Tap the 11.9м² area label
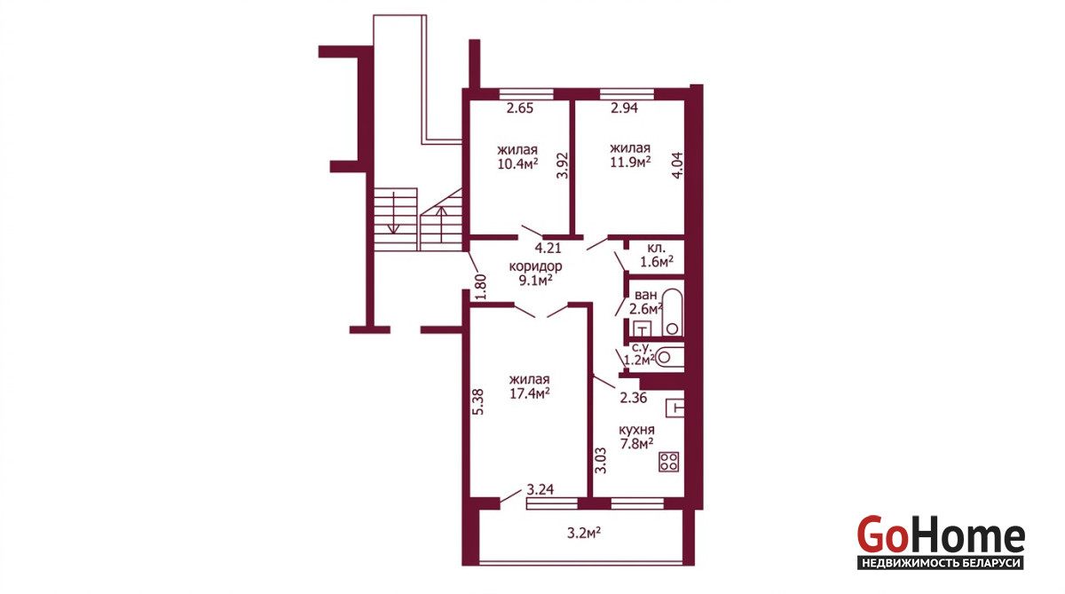pos(630,162)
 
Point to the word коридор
pos(535,266)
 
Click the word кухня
pos(636,430)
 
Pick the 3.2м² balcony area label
pos(584,533)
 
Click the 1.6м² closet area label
pos(657,262)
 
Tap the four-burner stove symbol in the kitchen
pos(668,462)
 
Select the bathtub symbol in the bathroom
pos(673,312)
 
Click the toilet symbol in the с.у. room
pos(669,358)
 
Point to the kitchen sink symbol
pos(674,408)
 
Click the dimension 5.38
pos(478,402)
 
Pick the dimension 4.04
pos(676,165)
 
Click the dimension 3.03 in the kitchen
pos(601,460)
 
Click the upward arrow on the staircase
pos(442,225)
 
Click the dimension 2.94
pos(624,108)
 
